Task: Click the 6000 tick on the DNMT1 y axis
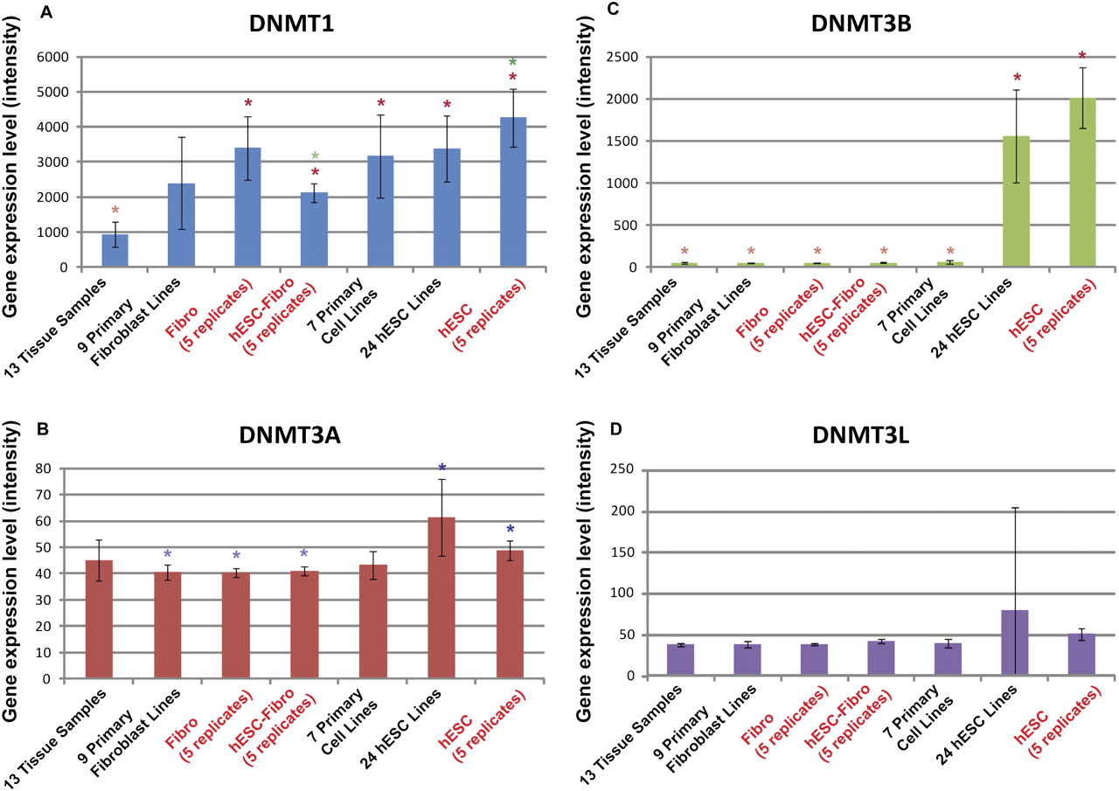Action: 54,57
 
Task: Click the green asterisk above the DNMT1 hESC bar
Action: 513,63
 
